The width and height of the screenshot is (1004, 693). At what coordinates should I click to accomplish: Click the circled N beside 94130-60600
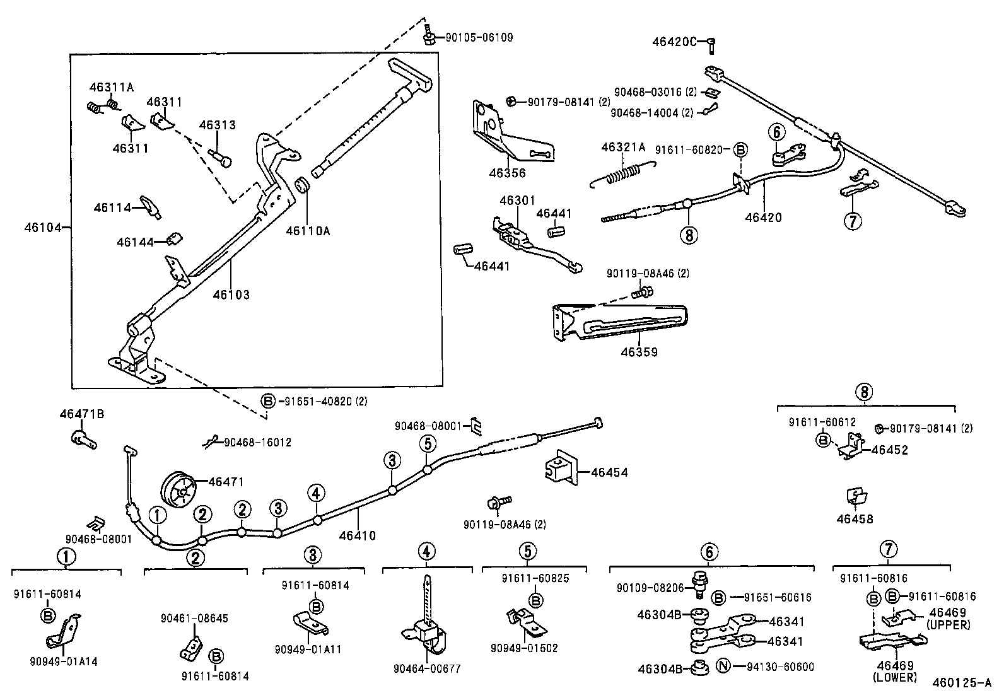[x=724, y=667]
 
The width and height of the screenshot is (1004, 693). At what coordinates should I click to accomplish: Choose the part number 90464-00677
[x=426, y=668]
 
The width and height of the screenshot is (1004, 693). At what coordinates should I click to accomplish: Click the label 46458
[x=855, y=519]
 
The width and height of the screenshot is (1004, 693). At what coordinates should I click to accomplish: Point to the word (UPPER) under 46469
[x=948, y=624]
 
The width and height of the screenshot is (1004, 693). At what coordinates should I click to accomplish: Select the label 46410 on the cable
[x=357, y=536]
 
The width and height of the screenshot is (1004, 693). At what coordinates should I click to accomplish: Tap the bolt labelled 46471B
[x=82, y=437]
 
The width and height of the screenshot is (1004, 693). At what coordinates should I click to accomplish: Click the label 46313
[x=217, y=125]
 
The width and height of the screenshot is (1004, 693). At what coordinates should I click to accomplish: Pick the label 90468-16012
[x=257, y=443]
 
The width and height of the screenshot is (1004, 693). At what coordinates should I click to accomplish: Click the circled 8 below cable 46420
[x=689, y=235]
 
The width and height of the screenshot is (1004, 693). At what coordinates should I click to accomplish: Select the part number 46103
[x=231, y=294]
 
